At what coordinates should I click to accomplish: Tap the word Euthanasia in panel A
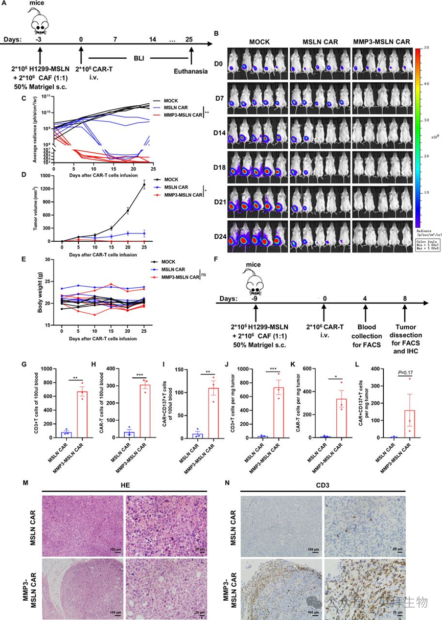click(192, 71)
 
